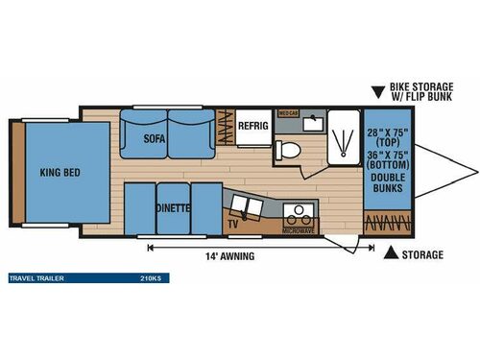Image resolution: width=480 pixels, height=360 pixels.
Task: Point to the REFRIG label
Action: tap(252, 126)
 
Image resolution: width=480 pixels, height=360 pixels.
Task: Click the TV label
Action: tap(233, 224)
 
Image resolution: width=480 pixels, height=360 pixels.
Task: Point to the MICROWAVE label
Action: tap(299, 231)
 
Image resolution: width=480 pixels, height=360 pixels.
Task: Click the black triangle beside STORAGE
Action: tap(391, 253)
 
